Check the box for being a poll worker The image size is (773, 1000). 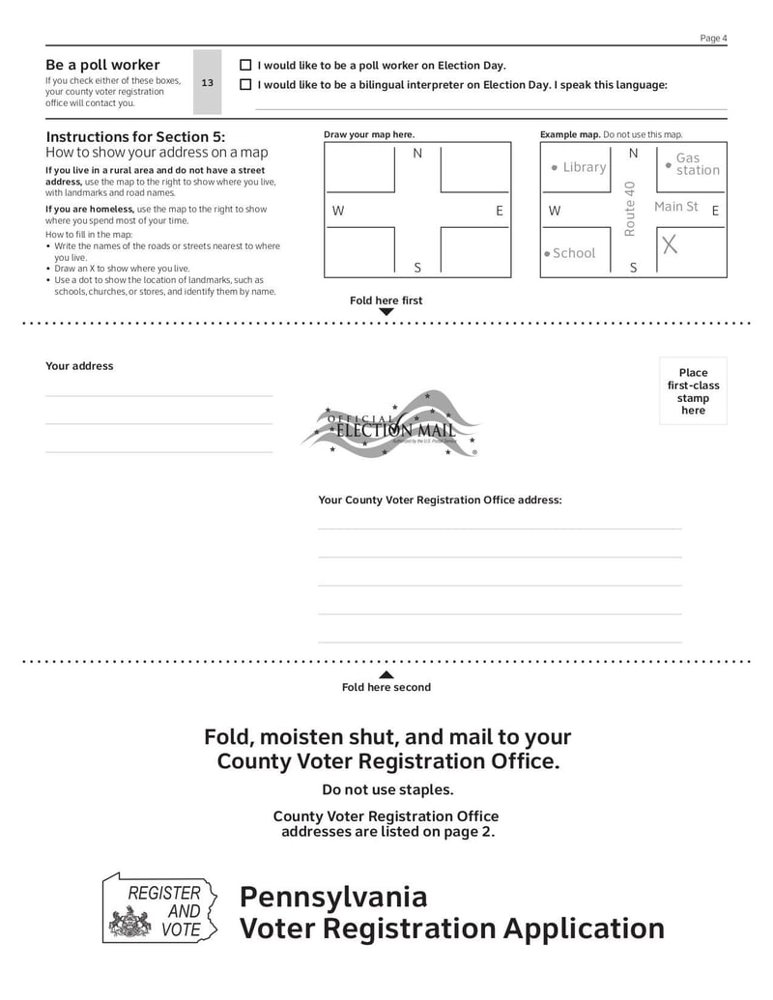coord(245,66)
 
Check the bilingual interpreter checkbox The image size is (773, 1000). coord(245,85)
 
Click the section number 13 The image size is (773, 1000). coord(207,83)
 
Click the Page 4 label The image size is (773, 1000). coord(713,39)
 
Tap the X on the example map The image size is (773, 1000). coord(670,245)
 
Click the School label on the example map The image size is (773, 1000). coord(573,253)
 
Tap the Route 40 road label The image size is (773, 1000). coord(630,209)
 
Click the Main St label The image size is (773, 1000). coord(675,207)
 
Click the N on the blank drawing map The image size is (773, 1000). coord(417,154)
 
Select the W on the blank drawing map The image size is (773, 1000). coord(338,211)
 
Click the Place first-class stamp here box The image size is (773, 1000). coord(693,391)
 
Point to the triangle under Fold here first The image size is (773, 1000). coord(386,312)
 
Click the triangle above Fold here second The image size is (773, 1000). coord(386,674)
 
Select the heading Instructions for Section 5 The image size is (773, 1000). coord(135,137)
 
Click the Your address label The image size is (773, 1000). coord(79,366)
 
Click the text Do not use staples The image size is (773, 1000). coord(387,790)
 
